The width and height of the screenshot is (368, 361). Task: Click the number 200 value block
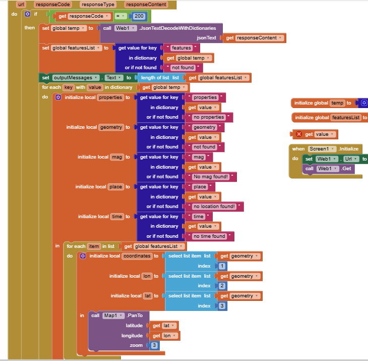[x=139, y=16]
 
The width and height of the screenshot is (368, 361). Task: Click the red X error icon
[x=298, y=134]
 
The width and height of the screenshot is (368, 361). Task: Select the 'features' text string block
[x=181, y=48]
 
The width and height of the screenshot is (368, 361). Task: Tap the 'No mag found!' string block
[x=211, y=177]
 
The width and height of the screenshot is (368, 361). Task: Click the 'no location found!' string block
[x=215, y=207]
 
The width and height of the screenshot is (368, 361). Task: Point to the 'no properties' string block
[x=209, y=117]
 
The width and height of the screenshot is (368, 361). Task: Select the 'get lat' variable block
[x=163, y=326]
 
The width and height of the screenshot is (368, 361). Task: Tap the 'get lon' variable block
[x=164, y=335]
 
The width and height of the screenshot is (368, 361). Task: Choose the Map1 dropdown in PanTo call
[x=113, y=316]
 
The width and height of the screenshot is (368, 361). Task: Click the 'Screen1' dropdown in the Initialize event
[x=322, y=149]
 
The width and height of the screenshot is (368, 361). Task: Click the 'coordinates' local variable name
[x=136, y=256]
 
